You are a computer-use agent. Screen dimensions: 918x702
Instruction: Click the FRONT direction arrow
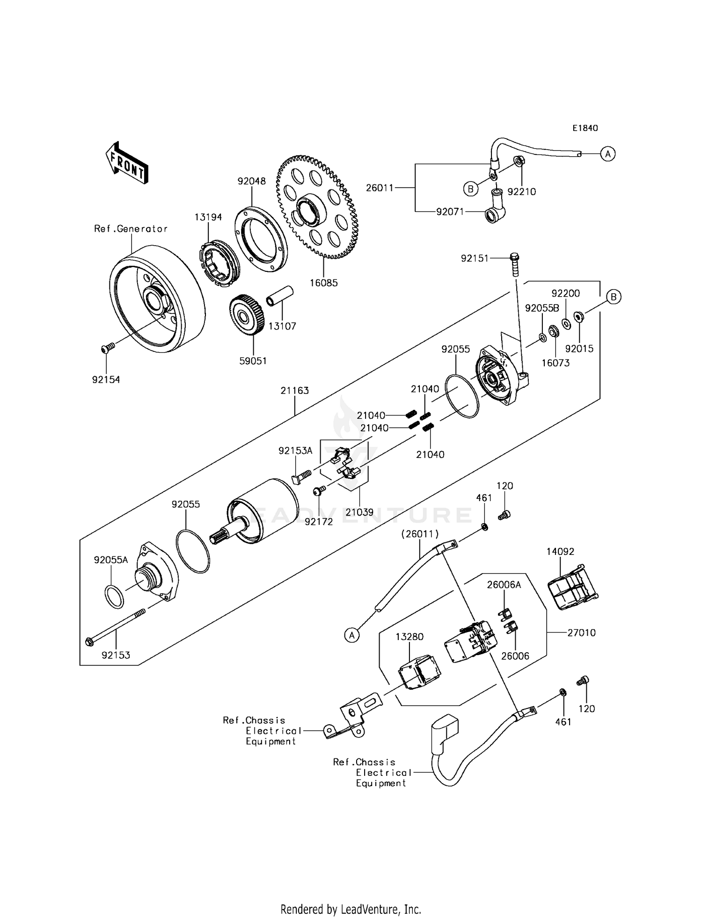[126, 163]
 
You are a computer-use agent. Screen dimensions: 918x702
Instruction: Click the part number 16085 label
[323, 283]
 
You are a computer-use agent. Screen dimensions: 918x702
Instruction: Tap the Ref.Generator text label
[131, 229]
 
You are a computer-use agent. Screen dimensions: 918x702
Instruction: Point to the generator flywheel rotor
[157, 299]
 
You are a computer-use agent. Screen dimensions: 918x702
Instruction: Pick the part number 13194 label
[208, 217]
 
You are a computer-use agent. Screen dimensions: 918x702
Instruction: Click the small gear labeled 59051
[247, 316]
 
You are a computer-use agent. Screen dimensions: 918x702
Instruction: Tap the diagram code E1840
[585, 128]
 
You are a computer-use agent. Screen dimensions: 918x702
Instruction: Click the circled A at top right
[607, 153]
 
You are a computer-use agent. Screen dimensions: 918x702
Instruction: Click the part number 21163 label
[294, 391]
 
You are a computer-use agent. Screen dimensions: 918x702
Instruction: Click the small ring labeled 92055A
[114, 596]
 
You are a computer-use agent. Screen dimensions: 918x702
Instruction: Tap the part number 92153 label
[116, 656]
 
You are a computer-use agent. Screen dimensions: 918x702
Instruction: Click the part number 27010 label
[581, 633]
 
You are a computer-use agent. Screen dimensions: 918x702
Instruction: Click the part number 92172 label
[318, 522]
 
